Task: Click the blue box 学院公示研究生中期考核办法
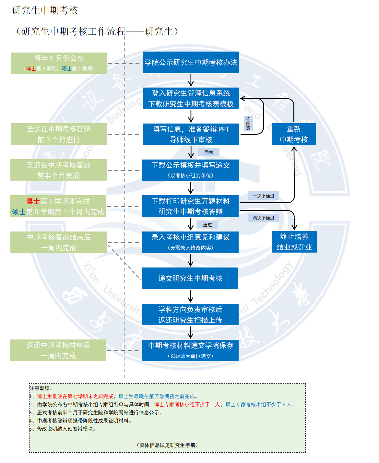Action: click(191, 62)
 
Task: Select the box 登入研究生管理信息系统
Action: click(191, 98)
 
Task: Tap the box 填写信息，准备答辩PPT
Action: click(191, 134)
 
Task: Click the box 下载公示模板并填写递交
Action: click(191, 170)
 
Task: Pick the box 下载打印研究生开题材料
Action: click(191, 206)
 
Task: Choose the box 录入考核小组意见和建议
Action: click(191, 242)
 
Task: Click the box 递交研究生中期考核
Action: click(190, 278)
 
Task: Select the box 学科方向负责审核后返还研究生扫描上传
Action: click(190, 315)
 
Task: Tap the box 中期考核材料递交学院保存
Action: click(190, 350)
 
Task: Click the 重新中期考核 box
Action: click(294, 134)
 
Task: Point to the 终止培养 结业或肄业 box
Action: click(294, 242)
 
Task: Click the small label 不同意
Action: click(248, 124)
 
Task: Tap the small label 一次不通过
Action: click(264, 196)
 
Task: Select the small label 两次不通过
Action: click(264, 218)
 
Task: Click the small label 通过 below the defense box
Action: click(207, 225)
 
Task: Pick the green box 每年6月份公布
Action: click(59, 63)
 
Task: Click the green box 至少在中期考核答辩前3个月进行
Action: click(59, 134)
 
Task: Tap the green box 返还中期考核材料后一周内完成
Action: click(58, 350)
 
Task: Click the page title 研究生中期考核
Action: click(45, 10)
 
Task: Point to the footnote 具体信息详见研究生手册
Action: click(167, 445)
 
